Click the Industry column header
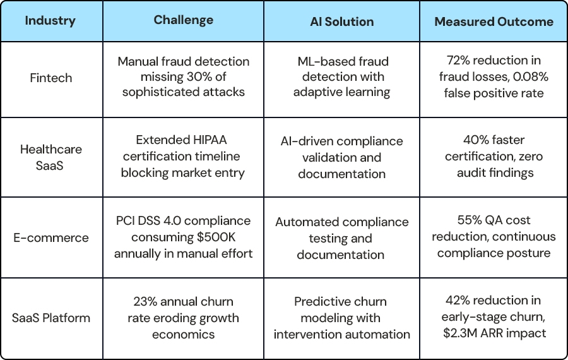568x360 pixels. (50, 21)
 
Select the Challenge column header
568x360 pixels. (183, 20)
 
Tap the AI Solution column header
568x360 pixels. (341, 21)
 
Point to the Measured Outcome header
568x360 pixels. (494, 21)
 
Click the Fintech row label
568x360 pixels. (51, 78)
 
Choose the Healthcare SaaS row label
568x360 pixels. (51, 157)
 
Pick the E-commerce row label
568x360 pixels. (51, 238)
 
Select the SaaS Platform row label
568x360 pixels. (51, 318)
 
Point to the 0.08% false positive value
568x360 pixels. (531, 77)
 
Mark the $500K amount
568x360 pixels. (216, 237)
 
